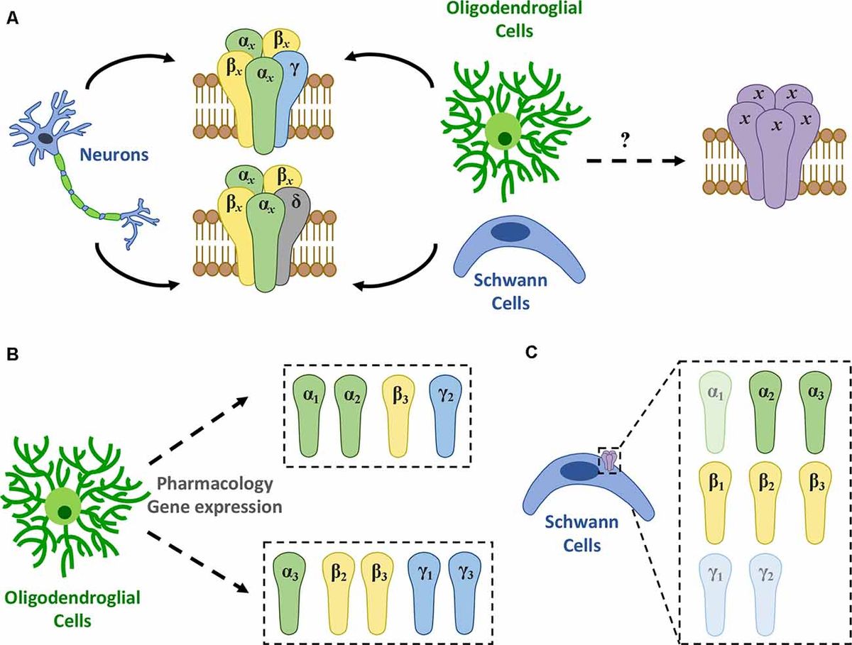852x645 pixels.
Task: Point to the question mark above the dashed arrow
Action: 625,140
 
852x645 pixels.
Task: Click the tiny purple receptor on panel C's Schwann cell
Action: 610,461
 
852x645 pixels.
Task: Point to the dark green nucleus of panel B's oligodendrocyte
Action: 66,512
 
